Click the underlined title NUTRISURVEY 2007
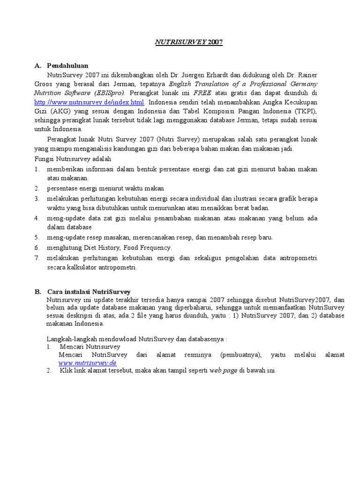[189, 42]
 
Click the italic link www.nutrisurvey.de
[87, 363]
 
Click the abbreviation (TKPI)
[305, 111]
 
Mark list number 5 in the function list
[37, 237]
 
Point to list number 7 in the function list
[37, 258]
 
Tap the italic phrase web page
[223, 371]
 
